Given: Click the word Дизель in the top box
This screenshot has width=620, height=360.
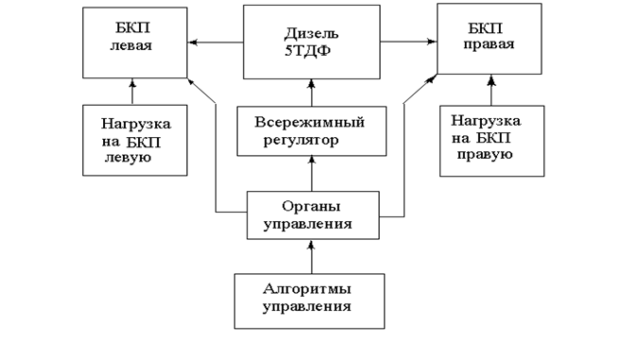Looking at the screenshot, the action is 312,34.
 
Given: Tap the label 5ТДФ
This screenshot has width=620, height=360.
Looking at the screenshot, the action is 307,52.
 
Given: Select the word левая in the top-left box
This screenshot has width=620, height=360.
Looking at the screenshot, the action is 130,46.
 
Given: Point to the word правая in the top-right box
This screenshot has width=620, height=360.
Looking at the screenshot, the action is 489,44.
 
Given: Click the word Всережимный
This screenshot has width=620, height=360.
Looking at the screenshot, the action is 309,122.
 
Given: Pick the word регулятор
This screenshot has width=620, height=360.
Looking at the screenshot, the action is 301,141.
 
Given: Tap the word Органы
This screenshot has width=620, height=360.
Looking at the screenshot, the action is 311,207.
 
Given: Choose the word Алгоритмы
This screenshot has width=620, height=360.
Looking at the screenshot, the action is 307,289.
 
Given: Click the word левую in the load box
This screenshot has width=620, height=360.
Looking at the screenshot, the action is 128,158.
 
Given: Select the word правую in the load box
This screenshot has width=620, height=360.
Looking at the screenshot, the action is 485,155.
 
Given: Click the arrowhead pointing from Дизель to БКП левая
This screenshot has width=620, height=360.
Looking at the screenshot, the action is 192,43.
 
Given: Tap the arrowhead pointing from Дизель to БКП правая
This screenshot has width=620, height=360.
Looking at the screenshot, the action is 432,41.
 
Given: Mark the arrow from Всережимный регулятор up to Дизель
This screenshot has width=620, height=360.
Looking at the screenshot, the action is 312,93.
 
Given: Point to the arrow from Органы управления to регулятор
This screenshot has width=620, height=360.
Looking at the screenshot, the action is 312,174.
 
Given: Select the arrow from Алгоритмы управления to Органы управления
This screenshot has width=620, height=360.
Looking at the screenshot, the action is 311,257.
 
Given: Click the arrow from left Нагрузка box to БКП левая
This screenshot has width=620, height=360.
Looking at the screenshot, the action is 132,92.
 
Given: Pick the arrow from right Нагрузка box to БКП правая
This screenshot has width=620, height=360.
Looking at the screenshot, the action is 491,90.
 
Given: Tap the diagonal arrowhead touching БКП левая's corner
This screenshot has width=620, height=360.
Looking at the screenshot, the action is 191,81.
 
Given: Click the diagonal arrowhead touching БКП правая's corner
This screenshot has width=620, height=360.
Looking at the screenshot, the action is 432,78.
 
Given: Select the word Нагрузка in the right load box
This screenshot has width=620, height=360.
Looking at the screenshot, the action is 486,121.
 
